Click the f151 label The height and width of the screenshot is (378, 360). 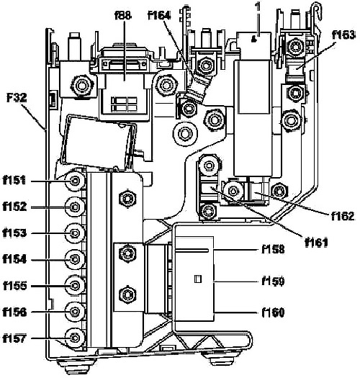[14, 180]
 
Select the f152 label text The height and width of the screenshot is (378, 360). [14, 207]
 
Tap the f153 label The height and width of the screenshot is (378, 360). [14, 233]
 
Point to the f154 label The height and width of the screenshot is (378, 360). [14, 259]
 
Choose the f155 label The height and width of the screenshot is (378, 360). [14, 286]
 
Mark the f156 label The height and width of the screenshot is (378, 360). [14, 312]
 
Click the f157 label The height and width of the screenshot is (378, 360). [14, 338]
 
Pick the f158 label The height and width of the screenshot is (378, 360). [273, 249]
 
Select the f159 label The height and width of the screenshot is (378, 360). [273, 281]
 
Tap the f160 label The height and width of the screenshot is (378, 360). [273, 312]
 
